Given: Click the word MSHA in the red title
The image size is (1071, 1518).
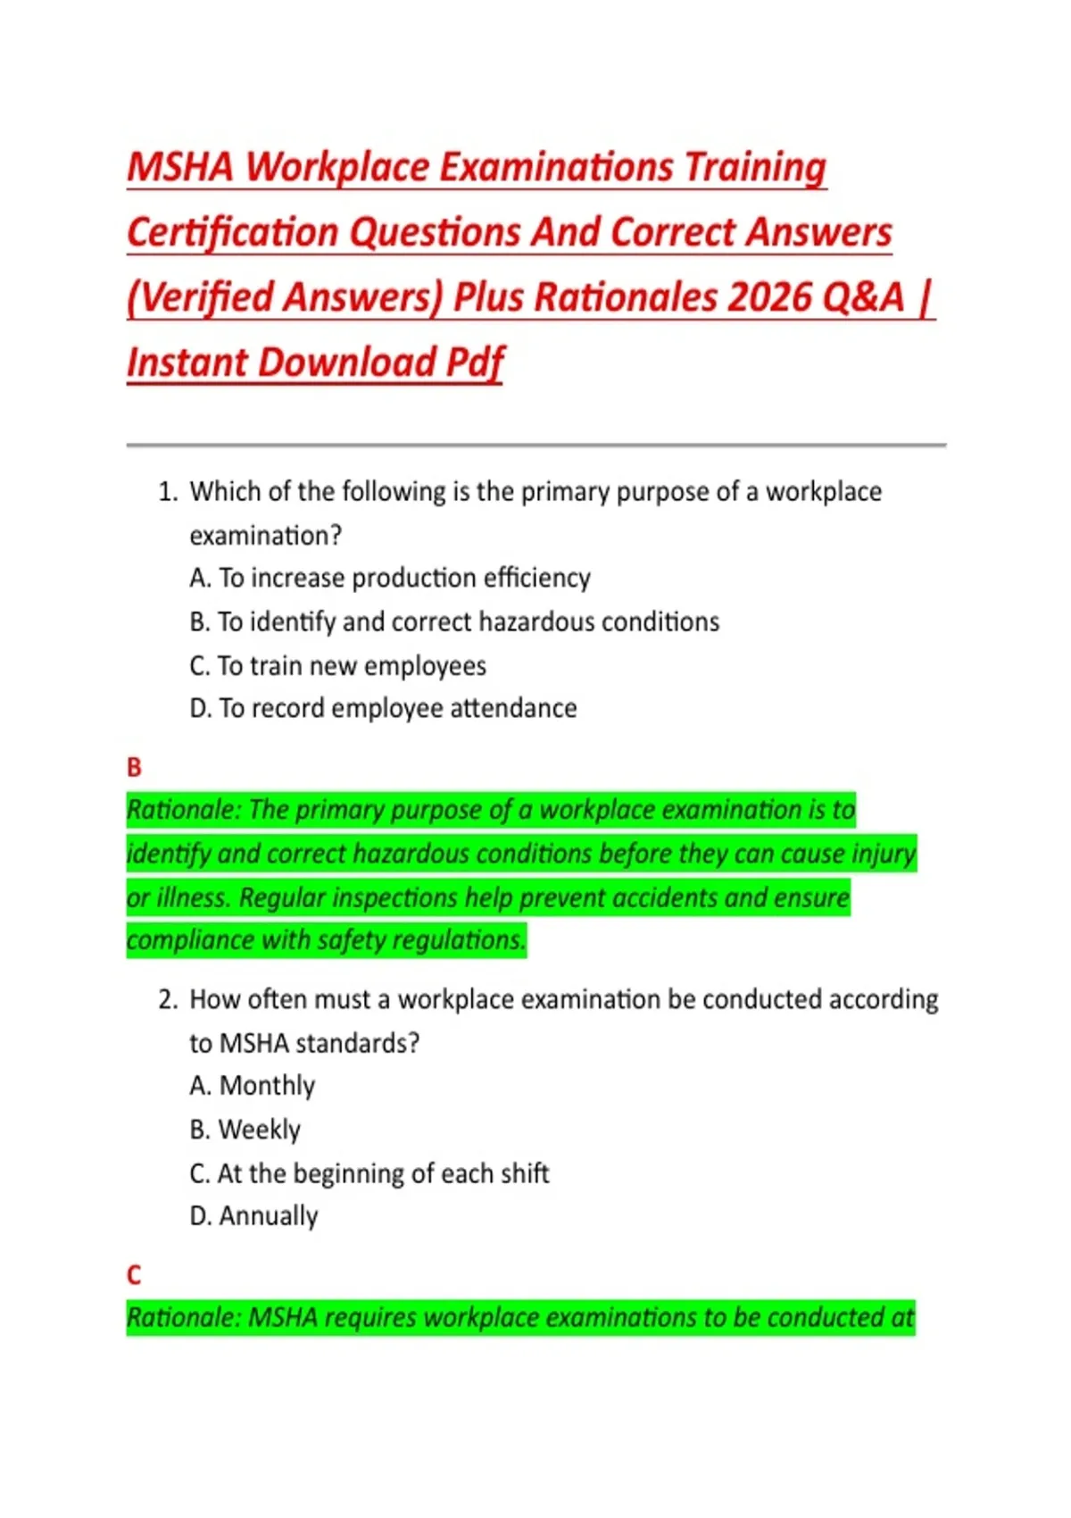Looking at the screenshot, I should click(180, 168).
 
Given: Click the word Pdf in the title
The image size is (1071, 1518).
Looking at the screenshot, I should click(475, 363).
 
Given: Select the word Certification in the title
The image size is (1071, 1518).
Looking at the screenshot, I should click(231, 233).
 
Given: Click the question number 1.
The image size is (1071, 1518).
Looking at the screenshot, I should click(167, 492).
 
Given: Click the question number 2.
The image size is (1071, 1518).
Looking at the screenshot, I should click(167, 999).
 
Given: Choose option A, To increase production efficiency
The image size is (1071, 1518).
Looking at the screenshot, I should click(390, 579).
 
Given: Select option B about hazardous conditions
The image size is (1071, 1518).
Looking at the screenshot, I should click(454, 622).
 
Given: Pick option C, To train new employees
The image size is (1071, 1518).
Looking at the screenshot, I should click(337, 666).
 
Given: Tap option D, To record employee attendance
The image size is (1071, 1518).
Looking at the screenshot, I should click(383, 709).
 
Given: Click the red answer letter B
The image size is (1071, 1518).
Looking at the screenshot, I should click(134, 768).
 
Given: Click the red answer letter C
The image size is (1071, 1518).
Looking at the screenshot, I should click(134, 1275).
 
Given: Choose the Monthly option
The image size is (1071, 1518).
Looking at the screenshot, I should click(253, 1086).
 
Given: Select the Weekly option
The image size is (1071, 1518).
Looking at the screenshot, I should click(245, 1130).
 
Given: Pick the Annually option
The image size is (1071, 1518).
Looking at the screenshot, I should click(254, 1216).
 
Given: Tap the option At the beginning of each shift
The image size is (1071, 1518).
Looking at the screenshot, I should click(369, 1173).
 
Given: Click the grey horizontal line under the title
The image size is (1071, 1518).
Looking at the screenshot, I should click(535, 444).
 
